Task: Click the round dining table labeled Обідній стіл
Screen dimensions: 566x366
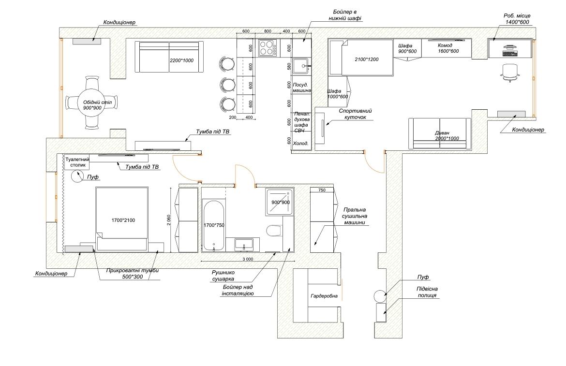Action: tap(92, 102)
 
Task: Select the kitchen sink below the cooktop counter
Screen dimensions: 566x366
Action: tap(300, 66)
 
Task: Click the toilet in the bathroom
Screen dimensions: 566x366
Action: tap(274, 231)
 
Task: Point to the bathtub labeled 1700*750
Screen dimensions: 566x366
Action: tap(214, 225)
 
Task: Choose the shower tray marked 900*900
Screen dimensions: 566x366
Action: tap(280, 202)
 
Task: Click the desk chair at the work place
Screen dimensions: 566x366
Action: tap(510, 72)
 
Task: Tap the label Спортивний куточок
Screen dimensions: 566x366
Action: tap(355, 114)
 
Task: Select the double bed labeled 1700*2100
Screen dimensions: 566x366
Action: tap(122, 219)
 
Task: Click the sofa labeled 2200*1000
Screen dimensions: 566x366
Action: tap(169, 57)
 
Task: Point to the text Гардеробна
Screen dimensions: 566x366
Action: tap(324, 296)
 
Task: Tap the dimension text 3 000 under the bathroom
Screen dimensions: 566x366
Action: tap(248, 259)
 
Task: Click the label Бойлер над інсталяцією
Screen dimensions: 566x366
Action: tap(238, 290)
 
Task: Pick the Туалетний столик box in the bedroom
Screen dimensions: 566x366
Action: tap(77, 162)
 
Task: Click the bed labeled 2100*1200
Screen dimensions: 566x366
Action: tap(361, 58)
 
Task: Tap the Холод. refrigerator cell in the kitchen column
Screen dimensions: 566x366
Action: tap(301, 144)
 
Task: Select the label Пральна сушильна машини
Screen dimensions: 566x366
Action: tap(354, 216)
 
